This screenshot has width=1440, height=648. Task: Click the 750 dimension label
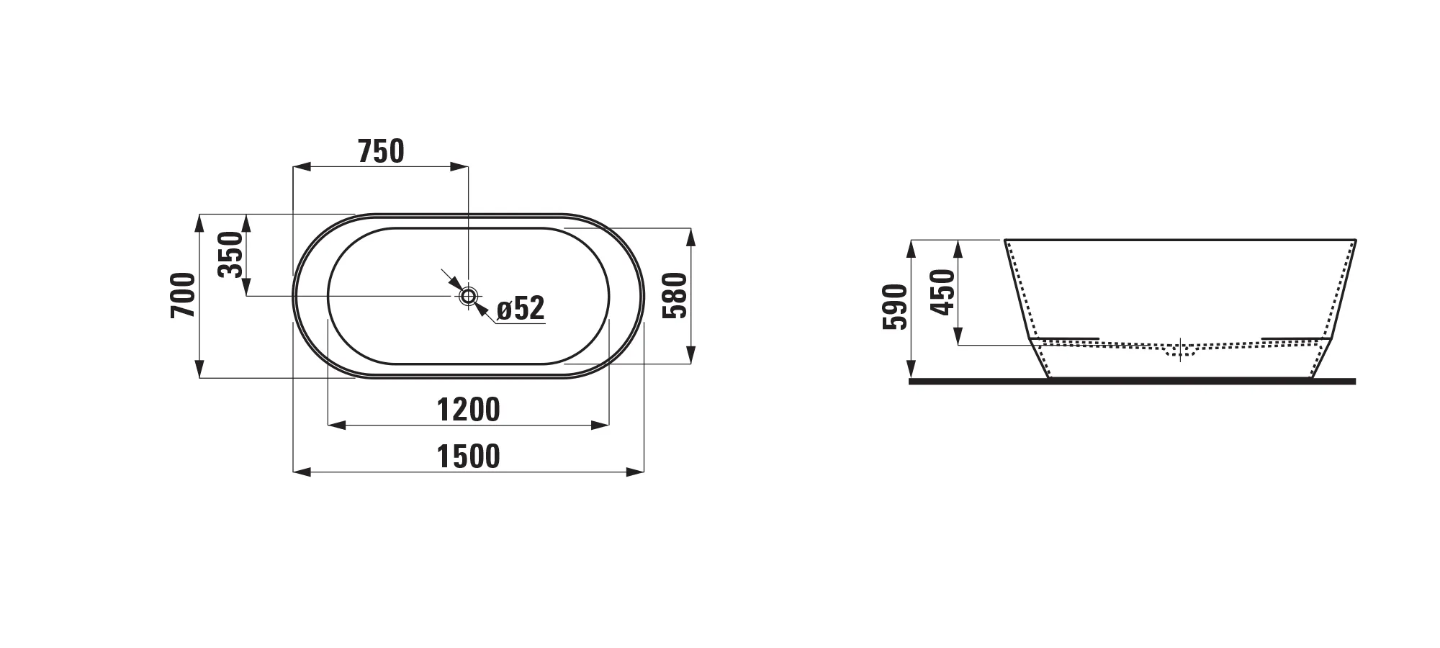(381, 152)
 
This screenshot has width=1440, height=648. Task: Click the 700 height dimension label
(184, 295)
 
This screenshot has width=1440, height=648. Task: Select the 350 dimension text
(230, 254)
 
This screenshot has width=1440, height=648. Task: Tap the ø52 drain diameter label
(521, 309)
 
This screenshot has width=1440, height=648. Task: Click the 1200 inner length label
(468, 410)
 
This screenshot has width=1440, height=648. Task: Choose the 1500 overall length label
(468, 456)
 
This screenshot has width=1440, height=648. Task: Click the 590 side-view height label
(895, 307)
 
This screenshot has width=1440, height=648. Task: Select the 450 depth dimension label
(942, 292)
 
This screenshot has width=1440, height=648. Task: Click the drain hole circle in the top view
(469, 295)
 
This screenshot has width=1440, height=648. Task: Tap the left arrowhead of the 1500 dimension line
(301, 472)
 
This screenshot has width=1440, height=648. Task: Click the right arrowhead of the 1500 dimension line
(636, 472)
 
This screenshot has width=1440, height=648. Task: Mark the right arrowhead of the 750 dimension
(459, 167)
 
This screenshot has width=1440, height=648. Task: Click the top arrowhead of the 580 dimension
(690, 236)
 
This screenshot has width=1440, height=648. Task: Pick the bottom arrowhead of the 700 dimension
(199, 369)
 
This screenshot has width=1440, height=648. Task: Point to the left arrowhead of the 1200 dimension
(336, 426)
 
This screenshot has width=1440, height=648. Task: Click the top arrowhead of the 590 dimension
(911, 248)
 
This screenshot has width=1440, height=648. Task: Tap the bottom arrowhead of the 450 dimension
(958, 336)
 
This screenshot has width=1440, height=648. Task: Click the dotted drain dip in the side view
(1180, 352)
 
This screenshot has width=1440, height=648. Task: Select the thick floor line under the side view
(1132, 382)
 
